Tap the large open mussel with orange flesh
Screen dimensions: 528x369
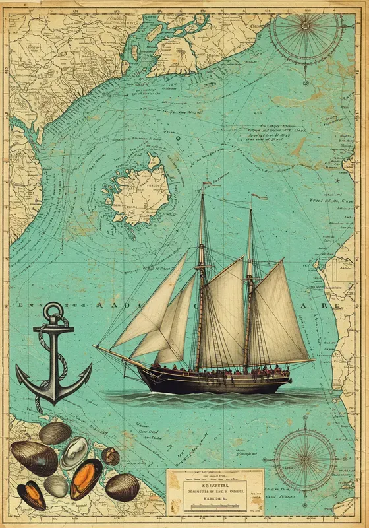(86, 478)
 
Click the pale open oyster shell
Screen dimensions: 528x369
(74, 451)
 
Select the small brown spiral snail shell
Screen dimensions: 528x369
(111, 456)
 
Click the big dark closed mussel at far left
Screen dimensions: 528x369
(33, 457)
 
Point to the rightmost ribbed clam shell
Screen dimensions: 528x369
(122, 487)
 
